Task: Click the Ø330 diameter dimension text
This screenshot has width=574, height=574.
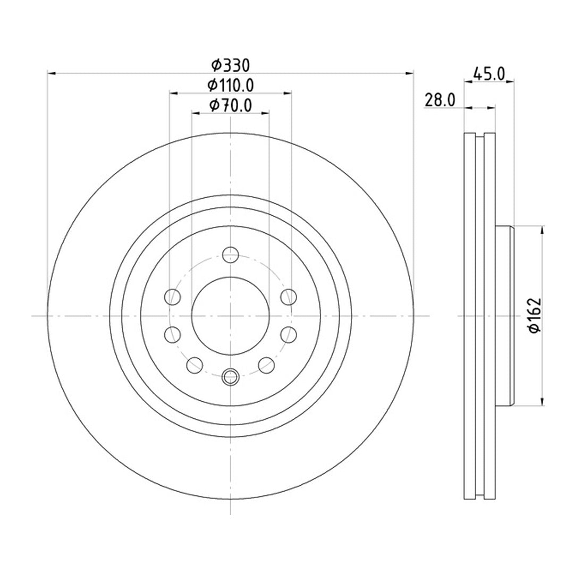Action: pos(231,65)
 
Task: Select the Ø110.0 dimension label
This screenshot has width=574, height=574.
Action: pos(231,85)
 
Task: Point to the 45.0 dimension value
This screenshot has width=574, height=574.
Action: pos(489,73)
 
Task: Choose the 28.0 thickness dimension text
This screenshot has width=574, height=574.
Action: pos(440,100)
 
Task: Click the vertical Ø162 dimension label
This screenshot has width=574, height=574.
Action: pos(535,315)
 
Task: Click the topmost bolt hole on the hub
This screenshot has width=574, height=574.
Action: pos(231,255)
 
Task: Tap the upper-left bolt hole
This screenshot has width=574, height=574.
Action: pos(173,297)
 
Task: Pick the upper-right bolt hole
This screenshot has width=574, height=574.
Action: pos(289,297)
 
